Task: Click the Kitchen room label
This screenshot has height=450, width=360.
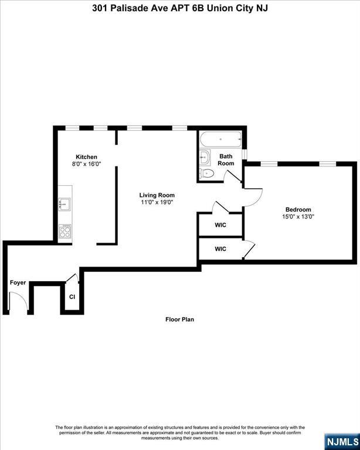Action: [x=86, y=157]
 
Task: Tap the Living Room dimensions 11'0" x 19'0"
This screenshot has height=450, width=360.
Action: [x=157, y=202]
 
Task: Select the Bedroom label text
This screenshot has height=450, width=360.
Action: [x=298, y=210]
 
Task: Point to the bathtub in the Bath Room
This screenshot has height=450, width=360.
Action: [x=221, y=139]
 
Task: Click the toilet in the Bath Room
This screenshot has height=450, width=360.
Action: [x=207, y=173]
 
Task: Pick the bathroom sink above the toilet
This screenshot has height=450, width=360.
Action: [x=205, y=156]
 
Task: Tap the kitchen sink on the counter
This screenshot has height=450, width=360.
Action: [x=64, y=204]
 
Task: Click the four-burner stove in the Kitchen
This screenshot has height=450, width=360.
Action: [x=65, y=231]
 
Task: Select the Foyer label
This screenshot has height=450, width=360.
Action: [x=18, y=282]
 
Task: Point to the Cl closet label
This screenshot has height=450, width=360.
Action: [x=72, y=296]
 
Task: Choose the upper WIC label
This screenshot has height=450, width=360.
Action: [x=220, y=225]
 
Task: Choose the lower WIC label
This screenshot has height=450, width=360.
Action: [x=220, y=249]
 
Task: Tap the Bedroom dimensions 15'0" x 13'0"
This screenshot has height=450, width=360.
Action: [x=298, y=217]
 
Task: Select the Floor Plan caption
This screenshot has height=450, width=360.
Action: [x=180, y=319]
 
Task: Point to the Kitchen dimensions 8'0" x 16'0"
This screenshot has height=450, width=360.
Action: [x=86, y=164]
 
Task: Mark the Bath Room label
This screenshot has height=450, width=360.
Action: [x=226, y=160]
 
